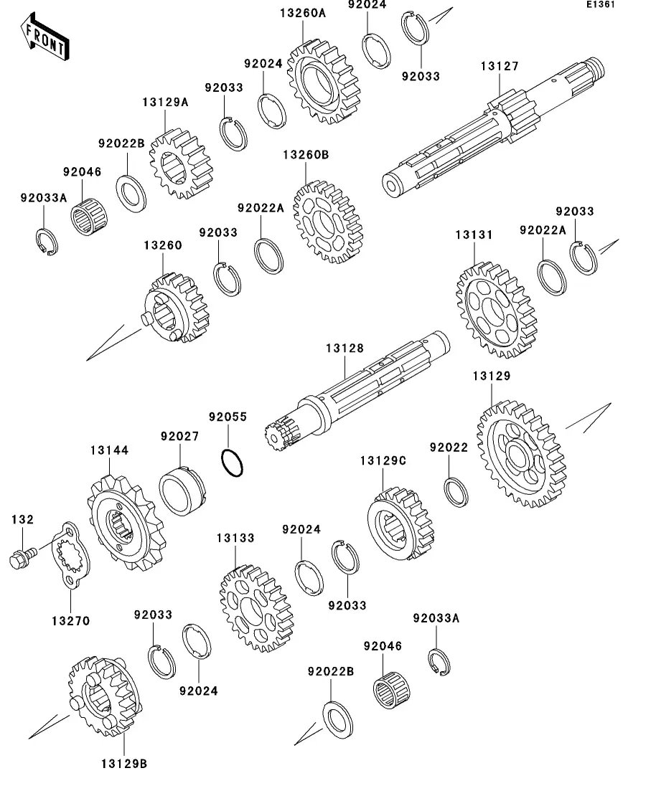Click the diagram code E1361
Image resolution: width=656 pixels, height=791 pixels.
pos(600,5)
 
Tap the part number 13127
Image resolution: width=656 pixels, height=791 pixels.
pos(500,67)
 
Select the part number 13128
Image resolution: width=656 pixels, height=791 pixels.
pos(345,349)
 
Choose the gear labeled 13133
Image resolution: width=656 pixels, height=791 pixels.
pos(254,609)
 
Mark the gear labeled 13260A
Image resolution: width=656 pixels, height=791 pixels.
pos(322,80)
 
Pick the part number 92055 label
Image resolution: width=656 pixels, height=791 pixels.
pos(228,417)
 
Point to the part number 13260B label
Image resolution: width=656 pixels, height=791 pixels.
pos(305,155)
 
